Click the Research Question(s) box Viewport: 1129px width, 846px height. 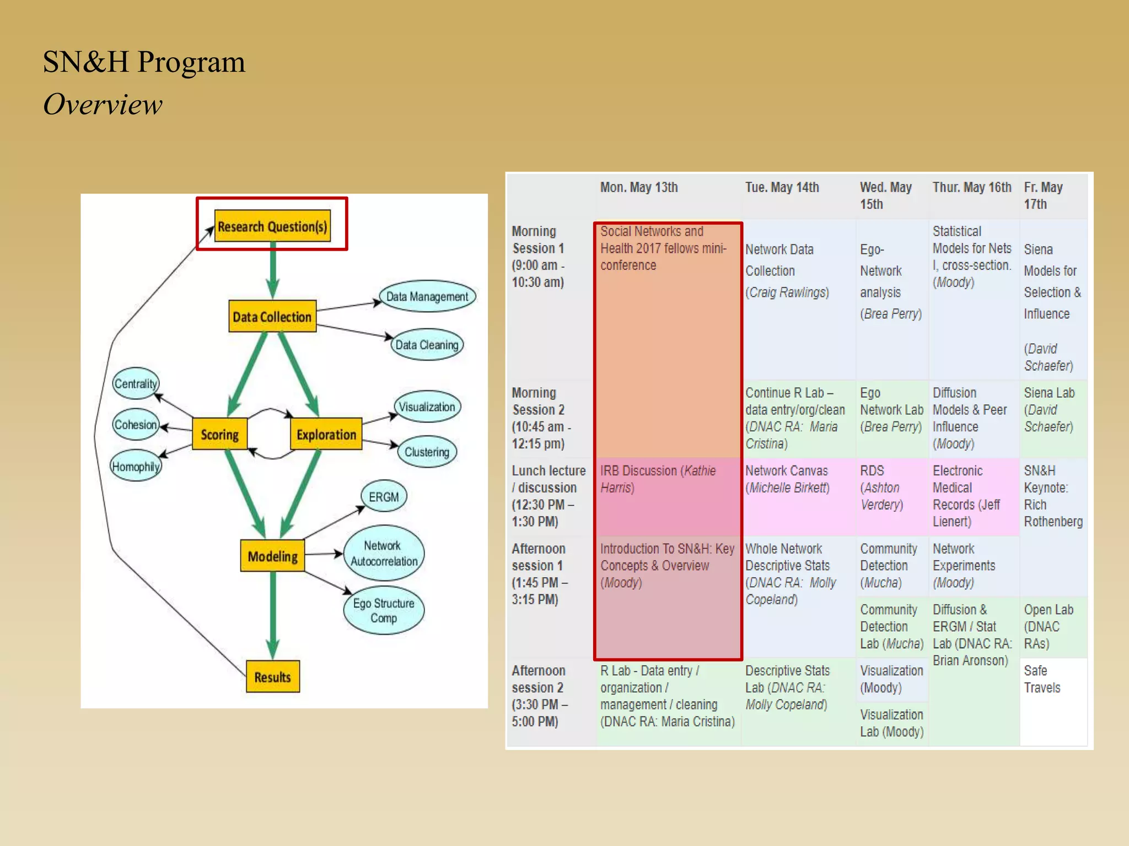272,226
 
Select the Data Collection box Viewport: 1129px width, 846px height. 272,317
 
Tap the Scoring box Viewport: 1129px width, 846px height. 219,435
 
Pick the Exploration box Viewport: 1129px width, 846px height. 326,435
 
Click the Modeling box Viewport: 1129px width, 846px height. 272,556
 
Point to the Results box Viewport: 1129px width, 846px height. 272,677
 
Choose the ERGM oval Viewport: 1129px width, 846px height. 384,497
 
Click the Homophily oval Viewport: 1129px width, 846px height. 136,467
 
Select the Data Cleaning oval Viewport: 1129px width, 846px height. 427,345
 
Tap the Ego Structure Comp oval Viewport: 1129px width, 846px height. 384,610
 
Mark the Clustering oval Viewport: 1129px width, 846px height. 427,452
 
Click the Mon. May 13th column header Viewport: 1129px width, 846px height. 638,188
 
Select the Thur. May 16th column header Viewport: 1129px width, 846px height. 971,188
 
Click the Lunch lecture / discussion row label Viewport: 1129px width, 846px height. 548,496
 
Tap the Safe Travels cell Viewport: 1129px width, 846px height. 1042,679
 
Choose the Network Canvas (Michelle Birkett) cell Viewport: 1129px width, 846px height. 787,479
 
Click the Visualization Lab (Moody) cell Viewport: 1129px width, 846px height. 891,723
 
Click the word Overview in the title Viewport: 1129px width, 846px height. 103,105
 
